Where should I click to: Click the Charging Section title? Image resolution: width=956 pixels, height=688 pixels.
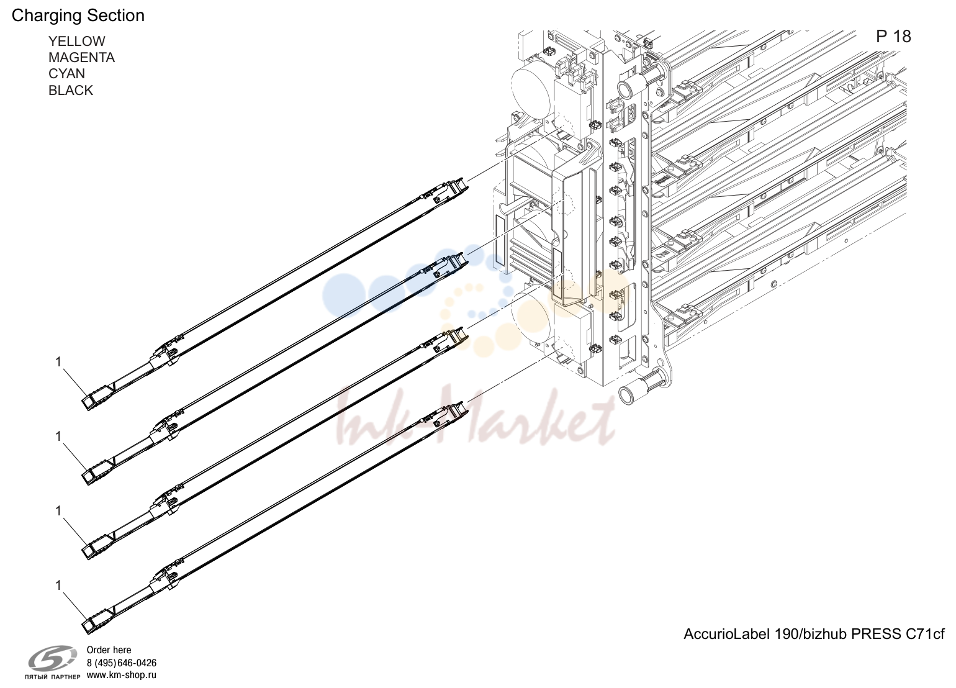click(x=78, y=16)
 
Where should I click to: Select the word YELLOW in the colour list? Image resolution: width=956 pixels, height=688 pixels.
click(x=77, y=41)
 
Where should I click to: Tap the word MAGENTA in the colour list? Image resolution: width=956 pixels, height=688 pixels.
click(x=81, y=57)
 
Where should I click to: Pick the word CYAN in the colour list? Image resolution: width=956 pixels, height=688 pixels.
click(x=66, y=73)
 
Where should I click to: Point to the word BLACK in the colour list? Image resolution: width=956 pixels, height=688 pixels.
click(x=71, y=90)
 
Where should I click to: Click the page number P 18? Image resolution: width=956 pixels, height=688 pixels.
click(x=893, y=36)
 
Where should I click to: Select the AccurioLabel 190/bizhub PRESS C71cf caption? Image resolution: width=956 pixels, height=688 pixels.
click(x=814, y=634)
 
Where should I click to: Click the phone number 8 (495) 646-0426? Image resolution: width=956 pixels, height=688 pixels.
click(x=122, y=663)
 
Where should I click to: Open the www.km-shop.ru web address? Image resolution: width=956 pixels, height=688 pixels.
click(x=122, y=675)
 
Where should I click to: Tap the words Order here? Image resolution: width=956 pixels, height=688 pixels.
click(x=109, y=650)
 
